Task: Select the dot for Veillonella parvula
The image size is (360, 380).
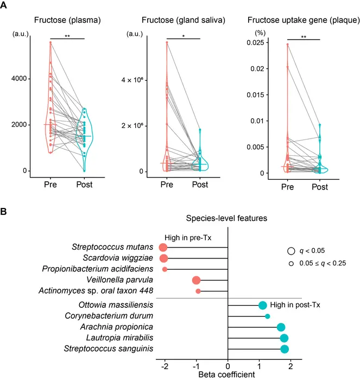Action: (x=196, y=280)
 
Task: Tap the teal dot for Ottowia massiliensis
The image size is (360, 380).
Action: (x=262, y=306)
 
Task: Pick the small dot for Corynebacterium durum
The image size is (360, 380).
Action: (x=267, y=316)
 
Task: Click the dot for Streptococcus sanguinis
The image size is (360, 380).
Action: (x=285, y=349)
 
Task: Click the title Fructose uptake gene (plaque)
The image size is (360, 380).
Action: (x=302, y=21)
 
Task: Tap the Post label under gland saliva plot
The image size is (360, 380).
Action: (x=200, y=185)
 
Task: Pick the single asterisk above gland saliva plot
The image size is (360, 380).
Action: (x=183, y=35)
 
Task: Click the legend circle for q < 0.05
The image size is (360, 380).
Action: (x=292, y=251)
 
